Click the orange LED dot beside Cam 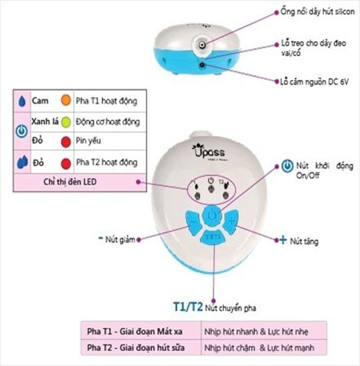point(66,101)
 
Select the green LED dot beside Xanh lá point(66,122)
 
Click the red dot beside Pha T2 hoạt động point(66,162)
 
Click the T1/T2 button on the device point(213,237)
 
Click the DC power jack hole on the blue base point(202,65)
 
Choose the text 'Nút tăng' point(304,242)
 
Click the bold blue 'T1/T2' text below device point(187,307)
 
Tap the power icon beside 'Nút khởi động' point(287,166)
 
